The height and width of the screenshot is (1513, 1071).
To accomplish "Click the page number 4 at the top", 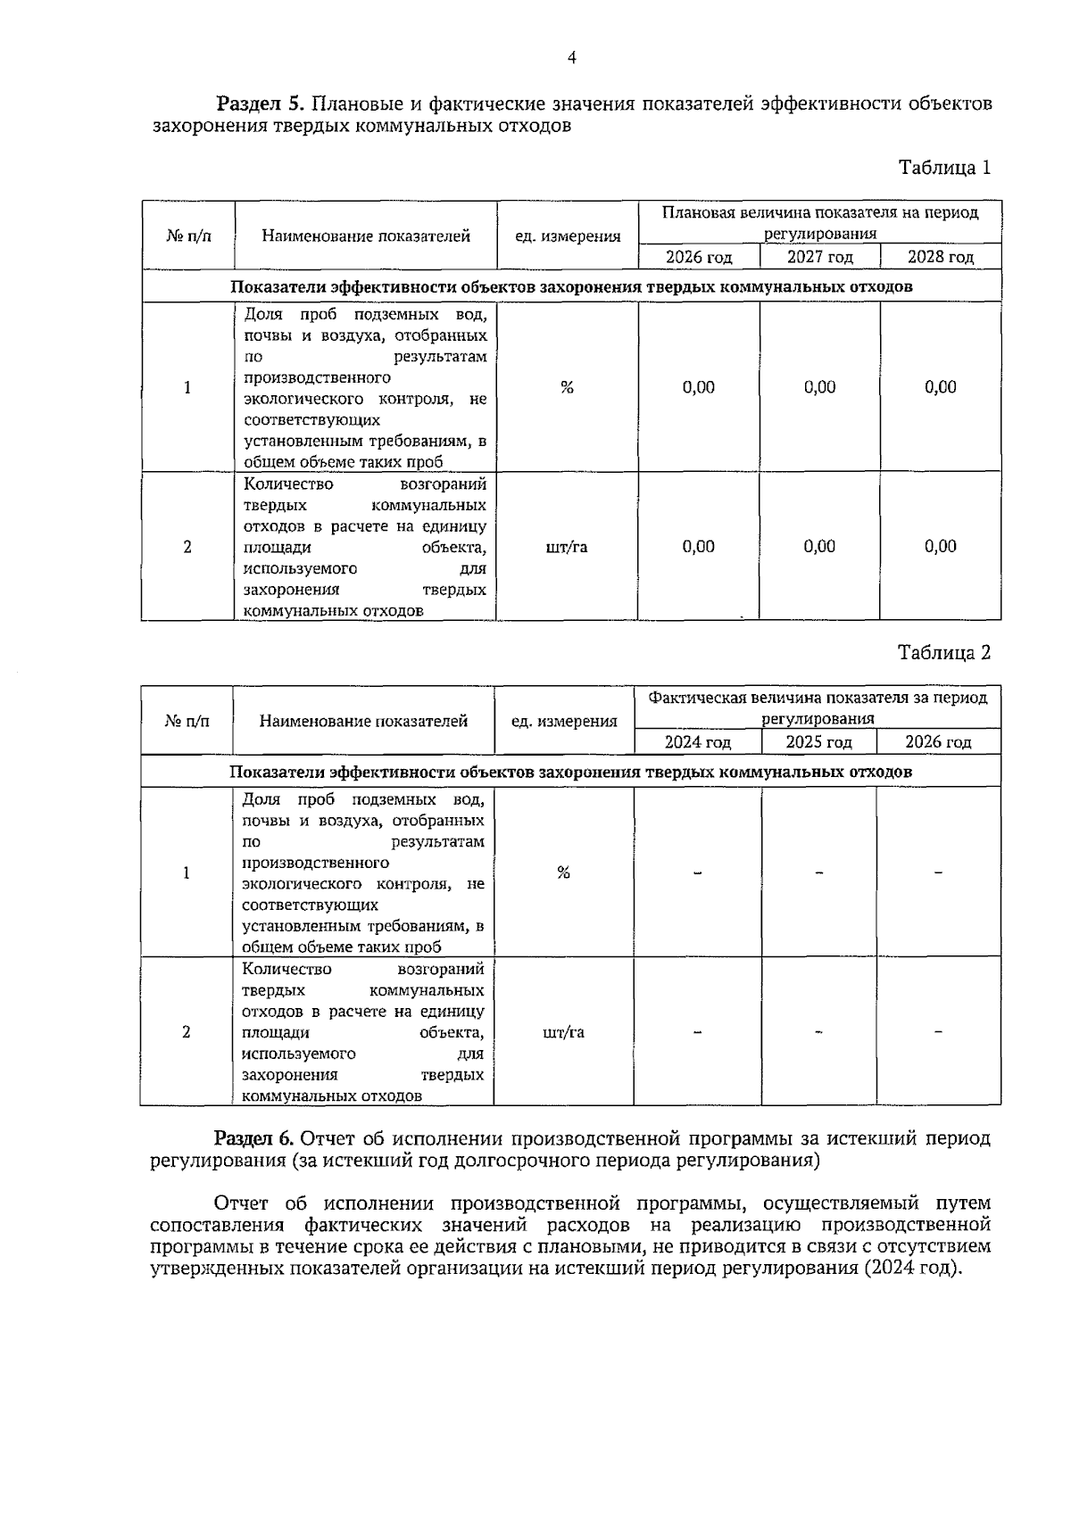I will pyautogui.click(x=571, y=59).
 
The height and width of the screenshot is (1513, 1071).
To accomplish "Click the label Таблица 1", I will pyautogui.click(x=944, y=168).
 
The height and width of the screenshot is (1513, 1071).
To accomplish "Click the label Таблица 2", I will pyautogui.click(x=944, y=653).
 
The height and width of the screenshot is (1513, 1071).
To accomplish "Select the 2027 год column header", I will pyautogui.click(x=819, y=258).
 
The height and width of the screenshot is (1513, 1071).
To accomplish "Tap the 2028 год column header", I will pyautogui.click(x=940, y=258).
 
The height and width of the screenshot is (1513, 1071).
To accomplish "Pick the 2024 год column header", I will pyautogui.click(x=697, y=742).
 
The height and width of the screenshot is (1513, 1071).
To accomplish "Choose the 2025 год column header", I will pyautogui.click(x=818, y=742).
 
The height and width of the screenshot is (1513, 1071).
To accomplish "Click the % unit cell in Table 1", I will pyautogui.click(x=567, y=387).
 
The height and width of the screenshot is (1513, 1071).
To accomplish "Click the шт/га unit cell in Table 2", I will pyautogui.click(x=563, y=1032).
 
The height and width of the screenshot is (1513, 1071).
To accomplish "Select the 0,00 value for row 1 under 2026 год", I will pyautogui.click(x=698, y=387).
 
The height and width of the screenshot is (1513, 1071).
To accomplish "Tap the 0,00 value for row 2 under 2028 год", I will pyautogui.click(x=940, y=546).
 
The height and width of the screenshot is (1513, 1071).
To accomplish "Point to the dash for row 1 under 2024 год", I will pyautogui.click(x=698, y=872).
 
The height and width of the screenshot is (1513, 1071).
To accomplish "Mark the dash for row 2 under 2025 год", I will pyautogui.click(x=818, y=1032).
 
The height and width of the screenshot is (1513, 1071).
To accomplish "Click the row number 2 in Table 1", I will pyautogui.click(x=187, y=547).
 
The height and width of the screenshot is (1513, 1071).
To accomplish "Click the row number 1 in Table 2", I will pyautogui.click(x=186, y=872).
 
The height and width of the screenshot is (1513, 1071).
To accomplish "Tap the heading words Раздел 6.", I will pyautogui.click(x=253, y=1139).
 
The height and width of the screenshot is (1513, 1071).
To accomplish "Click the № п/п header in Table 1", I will pyautogui.click(x=188, y=236).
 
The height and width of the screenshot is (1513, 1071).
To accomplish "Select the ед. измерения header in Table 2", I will pyautogui.click(x=563, y=722).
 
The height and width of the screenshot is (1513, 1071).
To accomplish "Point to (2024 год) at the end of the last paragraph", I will pyautogui.click(x=911, y=1269).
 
